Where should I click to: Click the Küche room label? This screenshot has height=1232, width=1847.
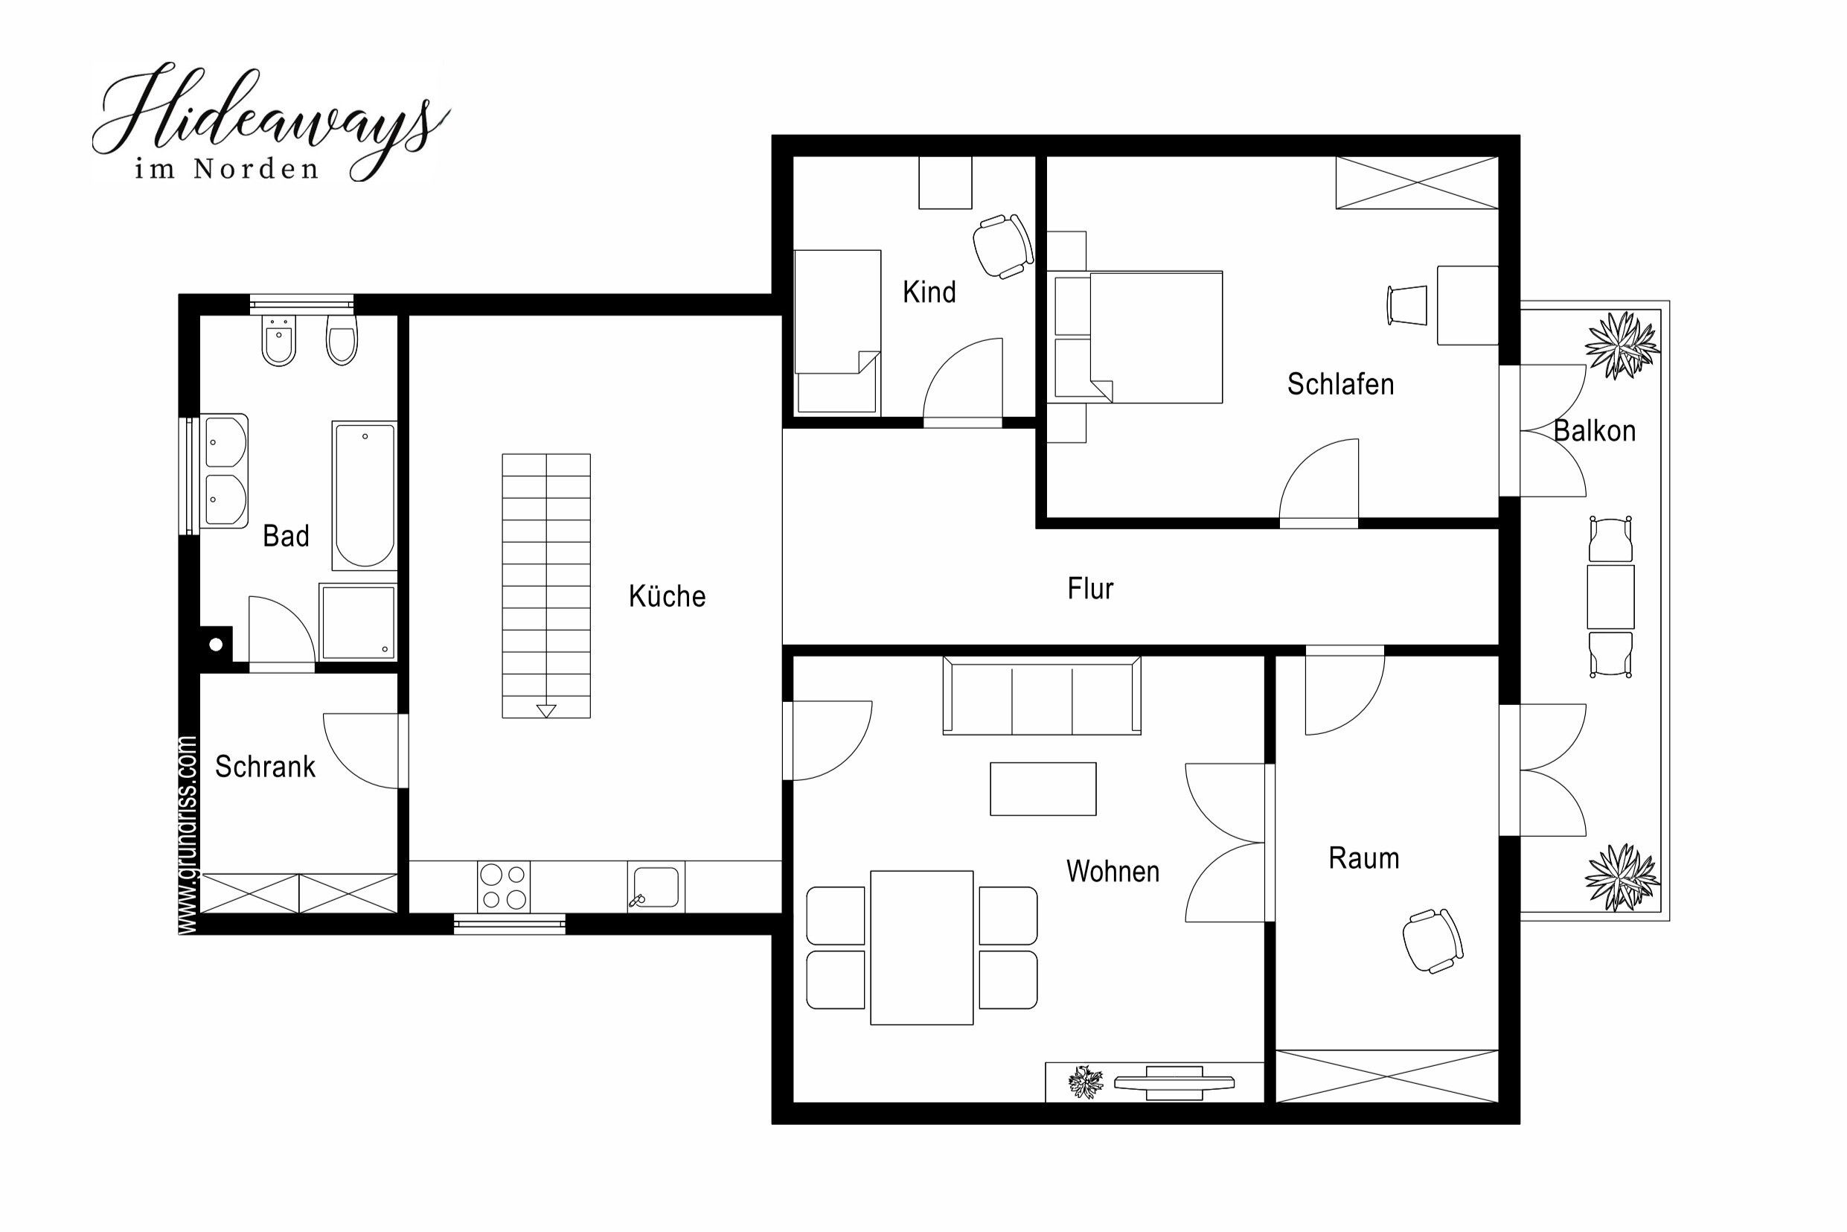point(667,596)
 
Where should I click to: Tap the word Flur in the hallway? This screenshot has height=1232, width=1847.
point(1090,589)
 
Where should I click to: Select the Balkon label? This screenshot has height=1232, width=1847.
point(1594,430)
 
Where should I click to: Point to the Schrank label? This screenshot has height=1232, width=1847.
point(265,766)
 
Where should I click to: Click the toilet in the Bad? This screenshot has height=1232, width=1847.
point(342,339)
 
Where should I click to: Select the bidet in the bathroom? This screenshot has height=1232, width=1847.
point(279,340)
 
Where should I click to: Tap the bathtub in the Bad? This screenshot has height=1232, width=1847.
point(365,495)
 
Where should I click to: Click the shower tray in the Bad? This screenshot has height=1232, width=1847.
point(357,622)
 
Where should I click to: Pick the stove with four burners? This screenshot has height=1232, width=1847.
point(503,887)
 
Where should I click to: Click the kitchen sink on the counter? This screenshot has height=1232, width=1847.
point(656,887)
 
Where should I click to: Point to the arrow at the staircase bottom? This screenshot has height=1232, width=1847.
point(545,711)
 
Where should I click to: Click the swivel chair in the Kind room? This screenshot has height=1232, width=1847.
point(1003,245)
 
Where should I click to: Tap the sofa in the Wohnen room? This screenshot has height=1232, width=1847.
point(1042,695)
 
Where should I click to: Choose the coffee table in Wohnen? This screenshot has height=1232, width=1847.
point(1043,789)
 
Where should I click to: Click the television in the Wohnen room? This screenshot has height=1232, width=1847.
point(1174,1082)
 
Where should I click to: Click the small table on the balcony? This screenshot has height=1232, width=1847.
point(1610,596)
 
